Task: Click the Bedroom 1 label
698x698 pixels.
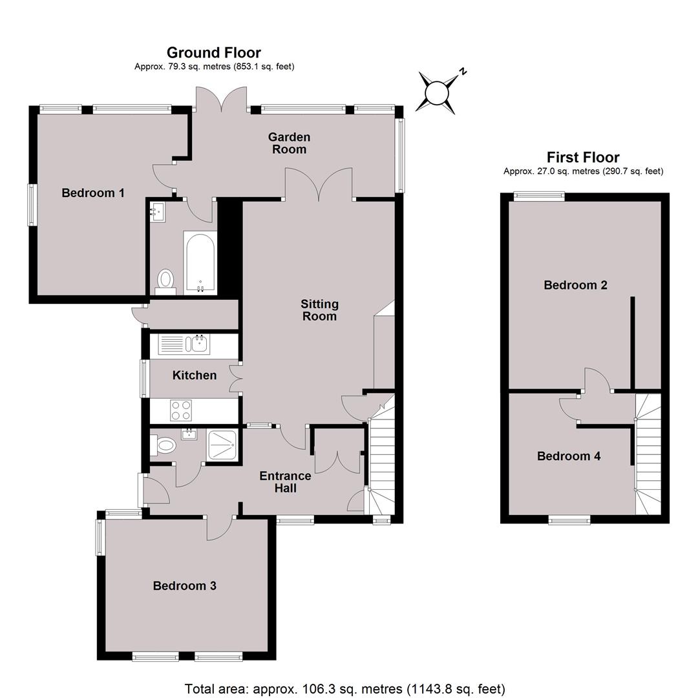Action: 92,193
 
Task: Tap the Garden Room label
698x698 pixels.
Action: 289,143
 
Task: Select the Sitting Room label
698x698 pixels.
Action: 319,310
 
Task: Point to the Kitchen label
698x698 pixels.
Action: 194,375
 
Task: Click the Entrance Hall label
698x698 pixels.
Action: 285,481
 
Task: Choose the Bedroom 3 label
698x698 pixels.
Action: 184,586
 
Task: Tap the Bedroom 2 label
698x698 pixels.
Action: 575,285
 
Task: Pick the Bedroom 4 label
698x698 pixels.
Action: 569,456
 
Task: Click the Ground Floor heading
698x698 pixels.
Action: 214,52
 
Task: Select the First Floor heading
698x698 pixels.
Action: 583,157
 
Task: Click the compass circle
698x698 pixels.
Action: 436,93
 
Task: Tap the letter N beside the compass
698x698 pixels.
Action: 463,70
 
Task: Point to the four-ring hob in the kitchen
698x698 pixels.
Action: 181,410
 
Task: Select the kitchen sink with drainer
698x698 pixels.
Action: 184,344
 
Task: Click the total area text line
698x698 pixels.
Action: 345,689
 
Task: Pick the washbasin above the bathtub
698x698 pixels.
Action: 157,211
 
